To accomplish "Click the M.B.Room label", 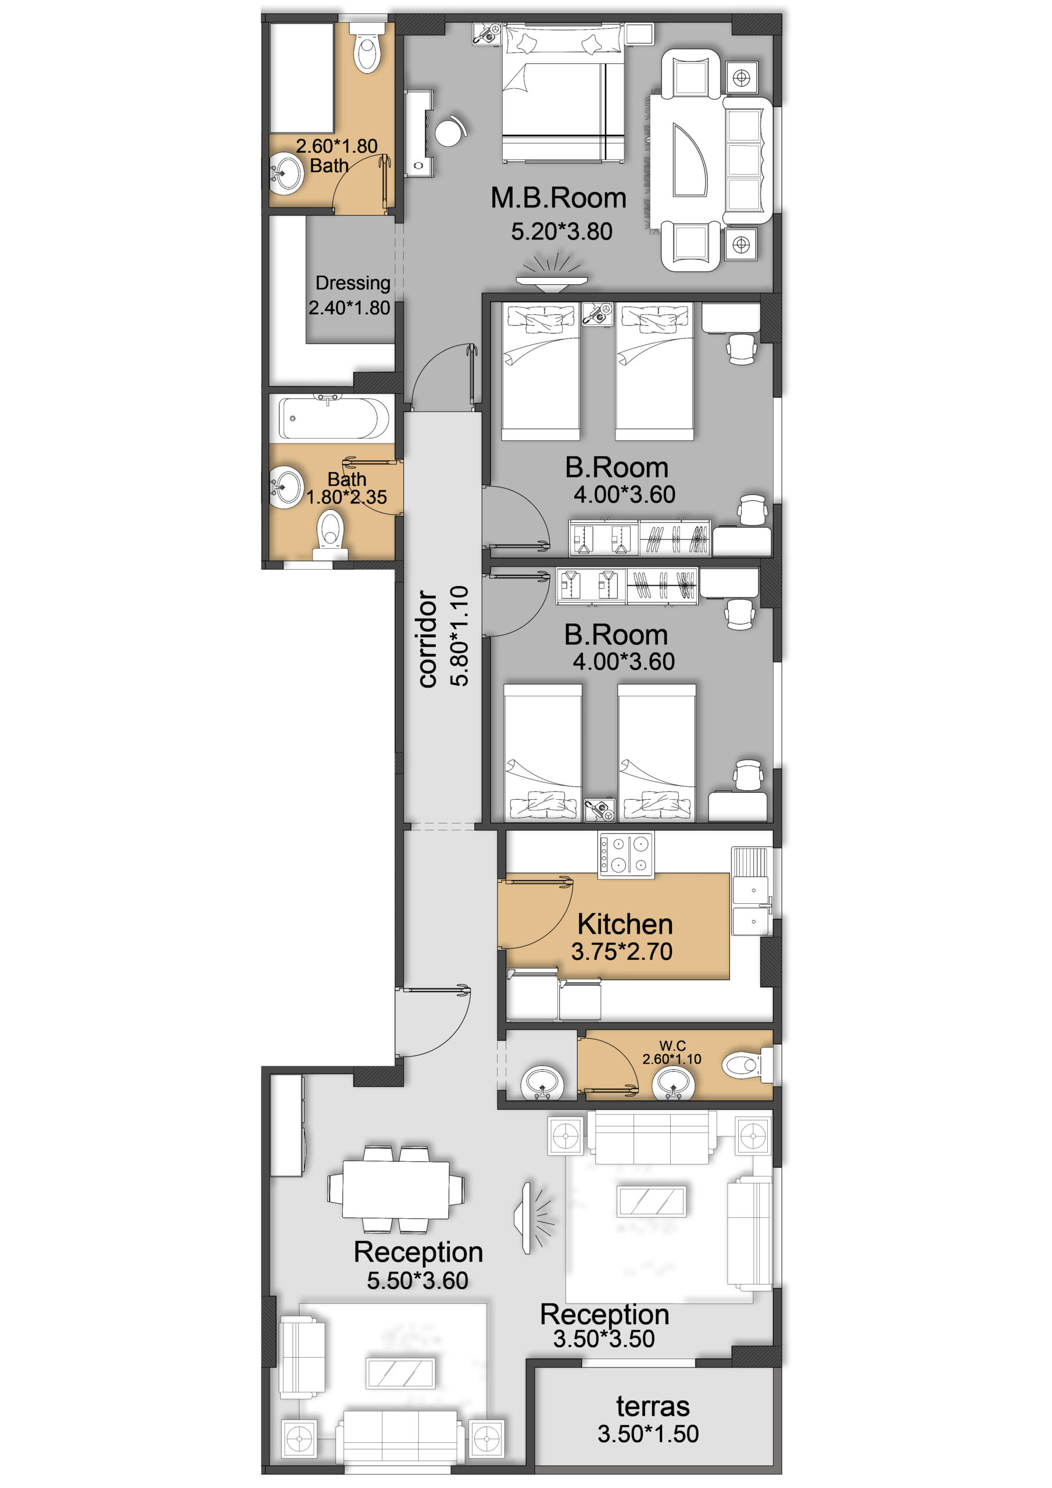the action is pos(558,198).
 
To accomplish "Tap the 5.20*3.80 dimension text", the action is pos(561,231).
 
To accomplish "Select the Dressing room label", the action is pos(353,283).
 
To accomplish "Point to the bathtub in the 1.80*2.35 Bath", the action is pos(334,417).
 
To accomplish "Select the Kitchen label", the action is pos(625,924).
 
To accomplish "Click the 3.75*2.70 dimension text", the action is pos(621,952).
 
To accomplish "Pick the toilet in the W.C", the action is pos(747,1064).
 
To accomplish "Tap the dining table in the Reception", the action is pos(395,1189).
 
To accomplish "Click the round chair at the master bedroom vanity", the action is pos(449,131).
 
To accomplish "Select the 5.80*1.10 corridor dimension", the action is pos(460,636).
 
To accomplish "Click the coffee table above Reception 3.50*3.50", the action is pos(652,1201).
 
